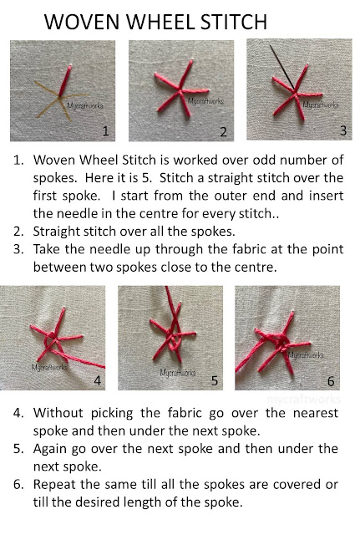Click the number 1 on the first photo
[x=105, y=130]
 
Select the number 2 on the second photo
[x=223, y=131]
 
